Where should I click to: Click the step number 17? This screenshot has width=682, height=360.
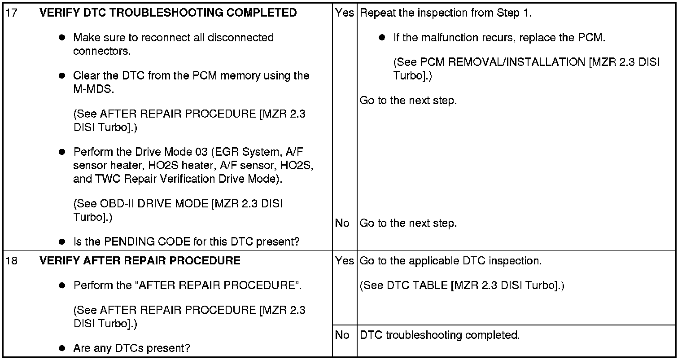(x=12, y=13)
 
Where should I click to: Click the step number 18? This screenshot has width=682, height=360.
(x=12, y=261)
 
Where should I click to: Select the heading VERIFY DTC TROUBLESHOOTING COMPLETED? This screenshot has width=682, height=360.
(x=168, y=13)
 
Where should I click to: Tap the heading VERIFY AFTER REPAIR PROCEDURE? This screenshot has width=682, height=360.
(x=140, y=261)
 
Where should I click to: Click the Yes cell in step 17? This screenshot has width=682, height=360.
(x=344, y=13)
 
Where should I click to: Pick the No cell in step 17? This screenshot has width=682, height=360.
(x=342, y=223)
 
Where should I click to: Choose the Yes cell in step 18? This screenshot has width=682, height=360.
(x=344, y=261)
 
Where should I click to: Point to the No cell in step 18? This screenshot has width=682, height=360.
(x=342, y=335)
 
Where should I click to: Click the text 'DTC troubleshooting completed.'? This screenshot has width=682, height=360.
(x=440, y=335)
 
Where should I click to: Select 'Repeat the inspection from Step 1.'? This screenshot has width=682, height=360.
(x=446, y=13)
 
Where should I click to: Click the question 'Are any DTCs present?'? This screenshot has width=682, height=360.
(x=132, y=348)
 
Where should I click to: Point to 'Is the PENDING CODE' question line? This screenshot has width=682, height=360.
(x=186, y=242)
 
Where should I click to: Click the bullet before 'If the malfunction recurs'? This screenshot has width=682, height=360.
(x=382, y=38)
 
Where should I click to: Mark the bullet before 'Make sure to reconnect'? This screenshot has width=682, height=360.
(x=62, y=38)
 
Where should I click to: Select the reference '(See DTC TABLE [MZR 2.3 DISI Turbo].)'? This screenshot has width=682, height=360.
(x=462, y=285)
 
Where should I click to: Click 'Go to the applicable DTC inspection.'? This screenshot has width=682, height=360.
(x=450, y=261)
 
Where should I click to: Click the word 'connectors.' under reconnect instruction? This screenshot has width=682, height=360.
(x=102, y=51)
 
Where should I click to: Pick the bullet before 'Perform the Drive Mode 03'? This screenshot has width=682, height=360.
(x=62, y=152)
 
